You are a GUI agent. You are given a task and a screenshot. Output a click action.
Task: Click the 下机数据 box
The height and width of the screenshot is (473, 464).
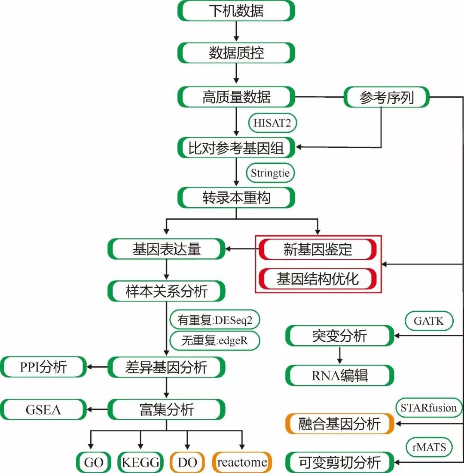[x=236, y=11]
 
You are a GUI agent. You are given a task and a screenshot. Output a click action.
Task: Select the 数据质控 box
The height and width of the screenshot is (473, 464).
[x=236, y=53]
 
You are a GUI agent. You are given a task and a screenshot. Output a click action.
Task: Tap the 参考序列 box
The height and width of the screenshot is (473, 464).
[x=387, y=98]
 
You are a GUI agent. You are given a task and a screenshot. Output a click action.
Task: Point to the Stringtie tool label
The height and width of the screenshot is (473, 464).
[x=270, y=173]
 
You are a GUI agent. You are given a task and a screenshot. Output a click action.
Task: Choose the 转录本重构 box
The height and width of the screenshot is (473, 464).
[x=236, y=198]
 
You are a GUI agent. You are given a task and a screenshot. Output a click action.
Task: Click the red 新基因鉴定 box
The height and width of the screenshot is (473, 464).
[x=317, y=249]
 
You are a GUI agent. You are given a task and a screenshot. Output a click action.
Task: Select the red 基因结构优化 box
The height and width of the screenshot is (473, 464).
[x=317, y=279]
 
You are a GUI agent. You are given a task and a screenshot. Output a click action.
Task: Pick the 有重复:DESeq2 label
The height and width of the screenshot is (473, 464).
[x=215, y=320]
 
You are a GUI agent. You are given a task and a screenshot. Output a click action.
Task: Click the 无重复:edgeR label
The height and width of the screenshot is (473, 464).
[x=215, y=341]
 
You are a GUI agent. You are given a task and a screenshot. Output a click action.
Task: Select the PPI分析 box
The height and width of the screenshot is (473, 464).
[x=43, y=367]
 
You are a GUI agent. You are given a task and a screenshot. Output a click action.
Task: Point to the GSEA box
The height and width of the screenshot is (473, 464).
[x=43, y=409]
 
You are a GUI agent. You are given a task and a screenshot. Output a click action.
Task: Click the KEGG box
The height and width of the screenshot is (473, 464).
[x=140, y=463]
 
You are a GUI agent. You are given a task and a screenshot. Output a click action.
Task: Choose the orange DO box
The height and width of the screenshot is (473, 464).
[x=187, y=463]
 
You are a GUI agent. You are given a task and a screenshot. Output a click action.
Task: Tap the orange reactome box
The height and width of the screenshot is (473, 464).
[x=242, y=463]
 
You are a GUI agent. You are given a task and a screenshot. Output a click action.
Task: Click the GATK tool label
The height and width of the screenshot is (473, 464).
[x=428, y=321]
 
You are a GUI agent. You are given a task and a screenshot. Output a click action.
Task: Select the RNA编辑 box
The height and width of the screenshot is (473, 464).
[x=339, y=375]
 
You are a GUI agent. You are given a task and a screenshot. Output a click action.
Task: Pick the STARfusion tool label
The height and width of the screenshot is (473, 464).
[x=428, y=407]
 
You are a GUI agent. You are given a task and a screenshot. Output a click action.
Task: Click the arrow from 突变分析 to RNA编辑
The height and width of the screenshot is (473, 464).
[x=339, y=355]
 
